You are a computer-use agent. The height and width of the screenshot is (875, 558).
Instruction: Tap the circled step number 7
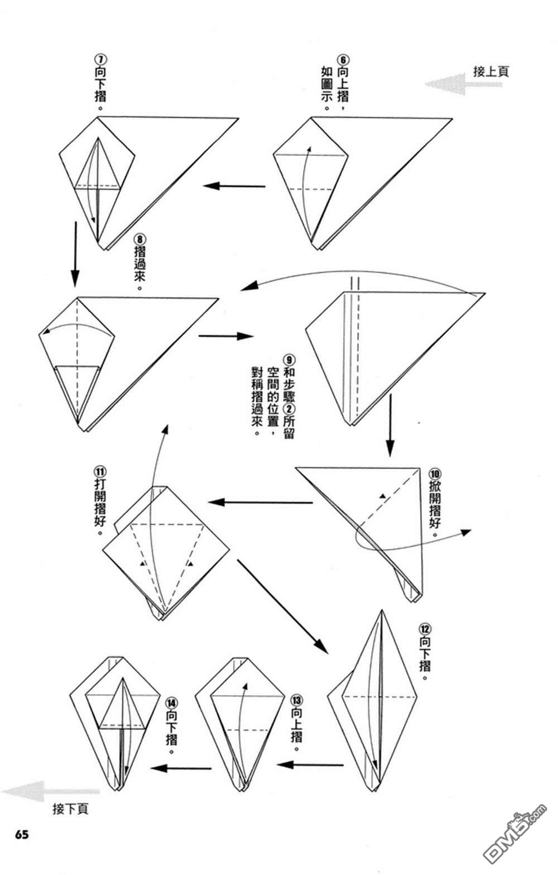tap(100, 60)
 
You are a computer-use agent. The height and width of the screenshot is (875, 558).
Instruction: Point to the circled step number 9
tap(289, 360)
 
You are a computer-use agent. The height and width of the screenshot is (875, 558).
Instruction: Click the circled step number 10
tap(435, 474)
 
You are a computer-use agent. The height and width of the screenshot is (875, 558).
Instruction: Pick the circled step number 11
tap(100, 471)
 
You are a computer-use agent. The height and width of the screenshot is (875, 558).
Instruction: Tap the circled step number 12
tap(425, 629)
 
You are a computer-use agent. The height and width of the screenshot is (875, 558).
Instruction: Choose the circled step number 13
tap(296, 700)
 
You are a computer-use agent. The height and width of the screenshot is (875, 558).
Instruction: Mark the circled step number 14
tap(171, 704)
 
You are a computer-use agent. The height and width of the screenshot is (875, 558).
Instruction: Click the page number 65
tap(22, 834)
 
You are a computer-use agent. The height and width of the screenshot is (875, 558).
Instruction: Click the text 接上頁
tap(491, 71)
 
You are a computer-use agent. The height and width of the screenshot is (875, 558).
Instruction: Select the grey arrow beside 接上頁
tap(463, 84)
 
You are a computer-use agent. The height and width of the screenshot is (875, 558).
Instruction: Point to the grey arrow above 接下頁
tap(50, 791)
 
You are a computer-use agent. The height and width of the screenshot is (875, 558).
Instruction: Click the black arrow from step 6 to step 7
tap(234, 185)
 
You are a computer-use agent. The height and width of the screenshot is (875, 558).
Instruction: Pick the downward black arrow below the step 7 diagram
tap(75, 254)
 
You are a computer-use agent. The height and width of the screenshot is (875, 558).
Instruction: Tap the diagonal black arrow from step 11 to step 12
tap(282, 606)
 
